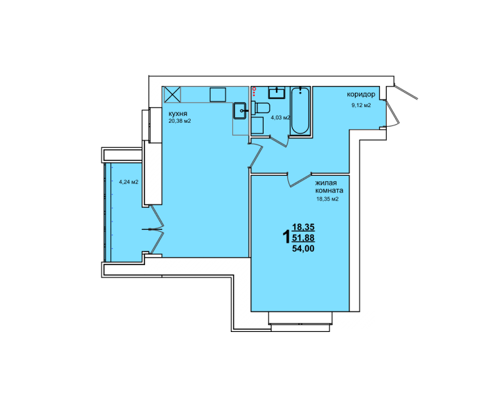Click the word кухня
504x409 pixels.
pos(178,114)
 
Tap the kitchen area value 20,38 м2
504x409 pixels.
pos(180,121)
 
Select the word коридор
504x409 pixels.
pos(361,95)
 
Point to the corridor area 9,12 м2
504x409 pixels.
pos(361,105)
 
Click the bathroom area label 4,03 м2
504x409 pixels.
pos(281,117)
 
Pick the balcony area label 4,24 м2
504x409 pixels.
pos(129,182)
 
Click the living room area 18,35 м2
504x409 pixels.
pos(328,199)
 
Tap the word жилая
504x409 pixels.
pos(326,183)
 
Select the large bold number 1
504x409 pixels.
pos(286,237)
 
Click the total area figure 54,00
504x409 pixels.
pos(303,248)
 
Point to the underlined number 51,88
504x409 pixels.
pos(303,238)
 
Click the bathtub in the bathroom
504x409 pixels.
pos(300,110)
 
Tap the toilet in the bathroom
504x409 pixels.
pos(261,108)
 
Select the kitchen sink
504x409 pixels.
pos(240,110)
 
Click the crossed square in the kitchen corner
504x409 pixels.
pos(172,94)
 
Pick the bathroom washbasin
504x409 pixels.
pos(277,92)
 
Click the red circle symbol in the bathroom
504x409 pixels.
pos(254,89)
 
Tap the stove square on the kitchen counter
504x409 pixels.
pos(218,94)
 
